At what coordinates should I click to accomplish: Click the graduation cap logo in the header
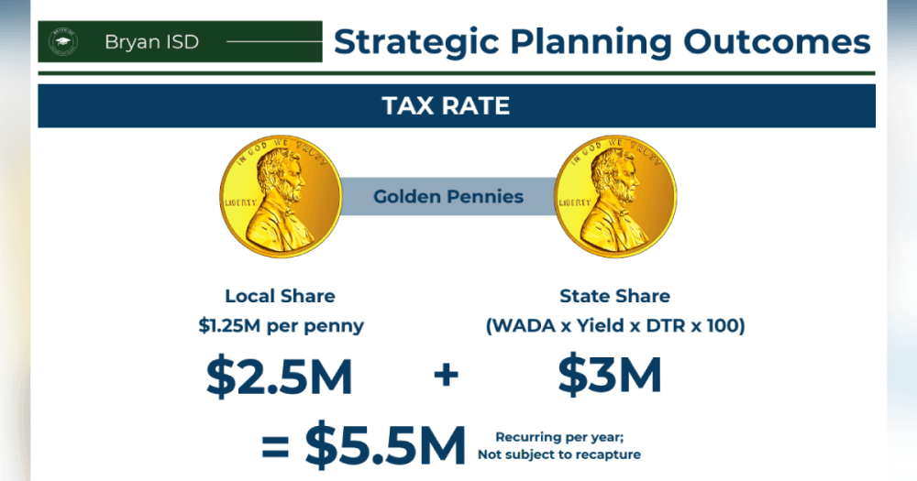pyautogui.click(x=63, y=41)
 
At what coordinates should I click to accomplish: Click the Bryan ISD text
pyautogui.click(x=151, y=42)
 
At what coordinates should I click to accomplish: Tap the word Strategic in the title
pyautogui.click(x=416, y=42)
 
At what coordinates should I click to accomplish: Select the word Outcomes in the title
pyautogui.click(x=777, y=42)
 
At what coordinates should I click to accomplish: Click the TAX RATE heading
pyautogui.click(x=446, y=105)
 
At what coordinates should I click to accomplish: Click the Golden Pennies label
pyautogui.click(x=448, y=196)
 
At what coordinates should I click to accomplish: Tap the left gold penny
pyautogui.click(x=281, y=196)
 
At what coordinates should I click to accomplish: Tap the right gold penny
pyautogui.click(x=615, y=196)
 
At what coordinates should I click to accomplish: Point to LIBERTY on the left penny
pyautogui.click(x=241, y=202)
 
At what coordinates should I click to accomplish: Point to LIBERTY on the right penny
pyautogui.click(x=575, y=202)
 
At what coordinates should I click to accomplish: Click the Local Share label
pyautogui.click(x=280, y=296)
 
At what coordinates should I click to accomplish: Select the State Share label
pyautogui.click(x=614, y=296)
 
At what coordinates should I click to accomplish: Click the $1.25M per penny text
pyautogui.click(x=281, y=325)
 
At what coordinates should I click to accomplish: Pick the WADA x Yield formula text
pyautogui.click(x=615, y=325)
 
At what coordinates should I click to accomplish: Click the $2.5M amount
pyautogui.click(x=280, y=376)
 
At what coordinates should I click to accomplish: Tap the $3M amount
pyautogui.click(x=610, y=375)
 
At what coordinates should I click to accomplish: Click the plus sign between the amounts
pyautogui.click(x=447, y=375)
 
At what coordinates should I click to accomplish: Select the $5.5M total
pyautogui.click(x=385, y=445)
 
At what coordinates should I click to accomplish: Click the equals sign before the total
pyautogui.click(x=275, y=447)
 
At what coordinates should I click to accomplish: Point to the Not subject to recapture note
pyautogui.click(x=559, y=454)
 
